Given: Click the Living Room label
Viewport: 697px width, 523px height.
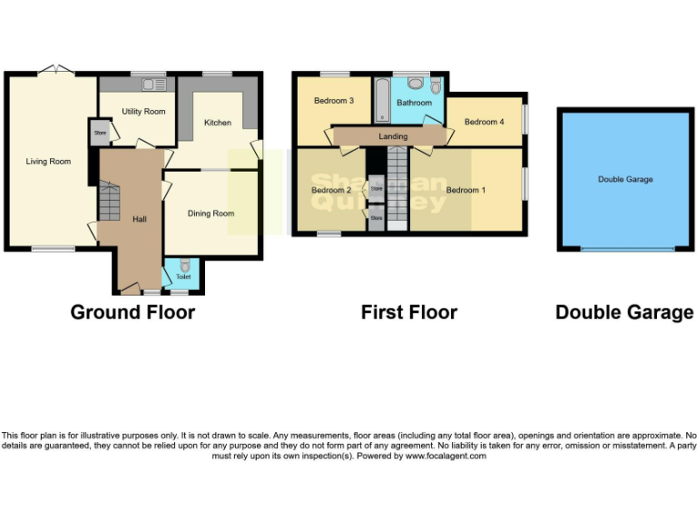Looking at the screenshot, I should [48, 162].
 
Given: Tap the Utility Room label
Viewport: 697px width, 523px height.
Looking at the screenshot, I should [143, 112].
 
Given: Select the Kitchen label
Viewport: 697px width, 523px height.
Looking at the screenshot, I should [217, 123].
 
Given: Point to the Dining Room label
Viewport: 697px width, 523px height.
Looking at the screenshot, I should [211, 213].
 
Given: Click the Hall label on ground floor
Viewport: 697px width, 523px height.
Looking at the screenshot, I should [139, 219].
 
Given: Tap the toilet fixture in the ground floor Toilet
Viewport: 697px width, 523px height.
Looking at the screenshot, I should [183, 267].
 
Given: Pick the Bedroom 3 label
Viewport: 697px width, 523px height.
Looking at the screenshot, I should [333, 101].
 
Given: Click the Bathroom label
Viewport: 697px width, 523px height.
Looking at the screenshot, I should [414, 103].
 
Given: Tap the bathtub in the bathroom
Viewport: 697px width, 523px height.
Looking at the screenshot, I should [382, 100].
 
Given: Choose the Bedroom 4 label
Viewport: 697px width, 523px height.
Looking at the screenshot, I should [483, 122].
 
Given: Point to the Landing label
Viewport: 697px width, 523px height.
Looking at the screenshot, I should [393, 136].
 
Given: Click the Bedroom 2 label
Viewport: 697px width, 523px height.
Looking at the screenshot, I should [330, 190].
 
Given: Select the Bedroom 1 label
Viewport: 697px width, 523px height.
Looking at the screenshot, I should [466, 190].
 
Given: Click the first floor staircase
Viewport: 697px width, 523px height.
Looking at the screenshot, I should [398, 183].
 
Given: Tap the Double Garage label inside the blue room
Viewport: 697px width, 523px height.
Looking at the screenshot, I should [624, 180].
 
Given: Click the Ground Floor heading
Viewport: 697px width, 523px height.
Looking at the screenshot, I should [133, 312].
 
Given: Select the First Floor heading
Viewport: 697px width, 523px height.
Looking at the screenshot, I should [408, 312].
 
